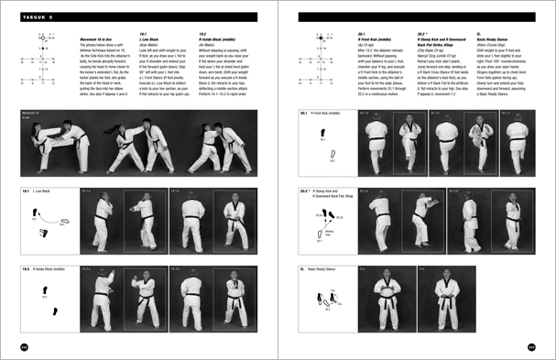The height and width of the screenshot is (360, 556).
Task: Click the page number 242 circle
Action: pyautogui.click(x=25, y=346)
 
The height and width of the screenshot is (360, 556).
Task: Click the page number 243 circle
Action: pyautogui.click(x=531, y=346)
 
